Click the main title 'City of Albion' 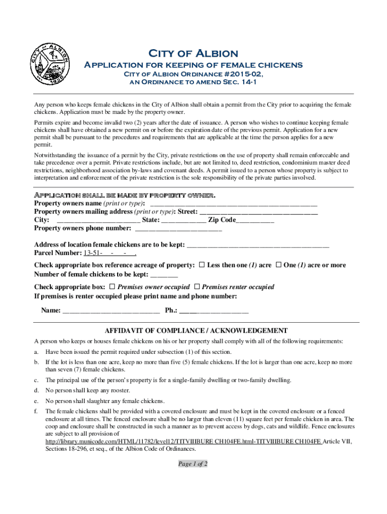point(193,54)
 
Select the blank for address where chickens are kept point(257,245)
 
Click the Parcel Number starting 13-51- point(110,253)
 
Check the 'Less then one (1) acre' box point(202,265)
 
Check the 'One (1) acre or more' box point(278,265)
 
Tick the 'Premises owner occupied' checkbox point(112,287)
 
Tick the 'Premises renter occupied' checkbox point(197,287)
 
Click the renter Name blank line point(111,311)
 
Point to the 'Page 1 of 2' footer point(193,464)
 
